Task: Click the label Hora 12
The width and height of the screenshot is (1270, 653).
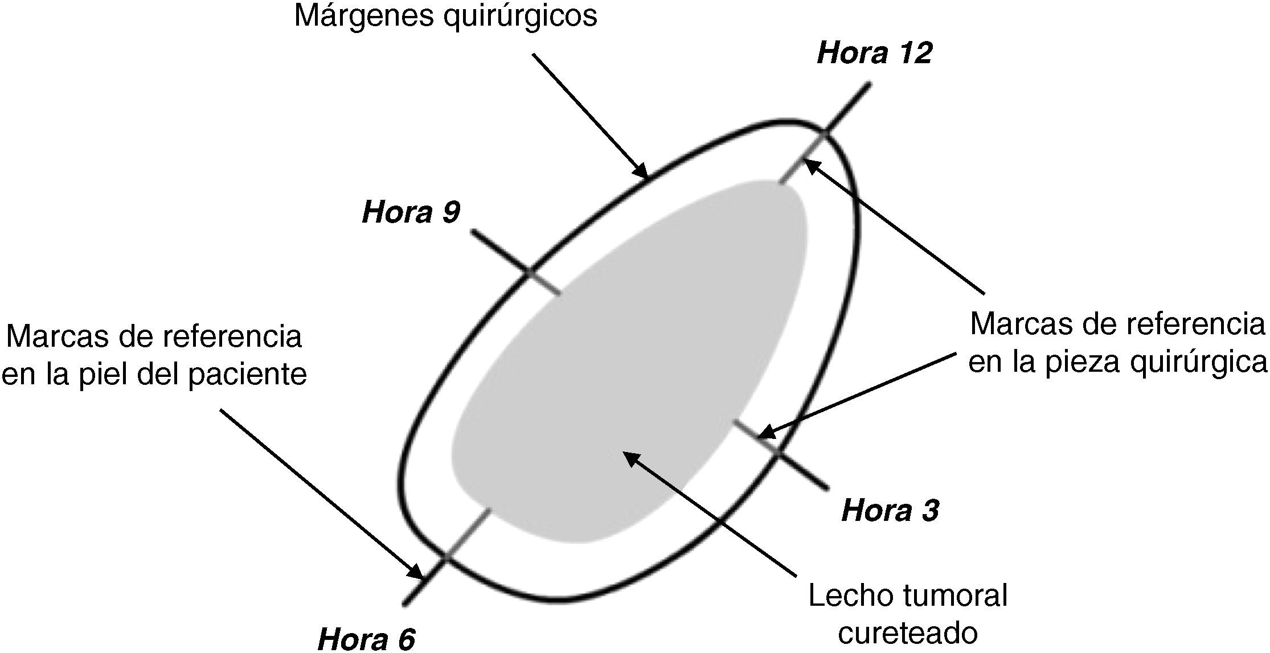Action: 874,54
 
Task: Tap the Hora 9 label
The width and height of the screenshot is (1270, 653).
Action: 411,212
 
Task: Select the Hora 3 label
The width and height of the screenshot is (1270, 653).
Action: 890,510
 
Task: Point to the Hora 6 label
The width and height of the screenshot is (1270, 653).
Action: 366,639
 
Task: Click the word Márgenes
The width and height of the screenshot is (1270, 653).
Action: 364,16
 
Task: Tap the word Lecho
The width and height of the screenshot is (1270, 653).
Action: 846,596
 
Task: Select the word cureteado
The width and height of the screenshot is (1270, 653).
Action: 908,633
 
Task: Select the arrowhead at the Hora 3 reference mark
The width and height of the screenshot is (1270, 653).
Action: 767,432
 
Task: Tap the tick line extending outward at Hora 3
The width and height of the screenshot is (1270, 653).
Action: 802,471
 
